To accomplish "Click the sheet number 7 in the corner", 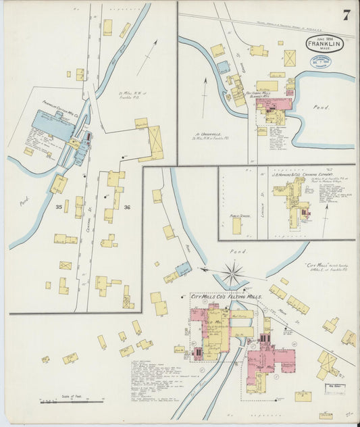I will click(x=345, y=16).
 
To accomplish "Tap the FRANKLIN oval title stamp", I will click(x=324, y=45).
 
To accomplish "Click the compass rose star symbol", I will click(x=232, y=274).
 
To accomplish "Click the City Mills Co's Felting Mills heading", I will click(x=226, y=297).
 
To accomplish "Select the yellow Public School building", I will click(x=237, y=226).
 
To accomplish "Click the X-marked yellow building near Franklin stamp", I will click(x=290, y=58).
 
